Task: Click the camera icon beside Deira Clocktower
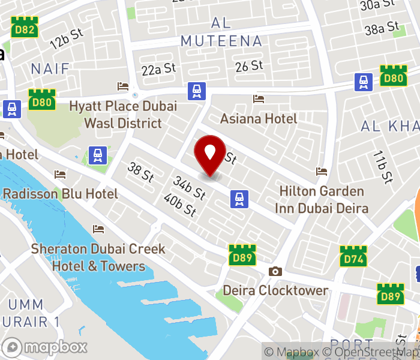tap(275, 271)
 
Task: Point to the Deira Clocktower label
tap(275, 290)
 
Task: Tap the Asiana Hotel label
tap(259, 118)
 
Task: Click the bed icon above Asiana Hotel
tap(259, 99)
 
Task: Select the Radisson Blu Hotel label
tap(61, 194)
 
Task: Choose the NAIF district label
tap(50, 68)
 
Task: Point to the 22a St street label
tap(159, 69)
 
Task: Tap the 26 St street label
tap(250, 65)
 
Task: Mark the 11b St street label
tap(382, 167)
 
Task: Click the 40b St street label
tap(180, 205)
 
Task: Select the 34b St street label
tap(190, 187)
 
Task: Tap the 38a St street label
tap(382, 28)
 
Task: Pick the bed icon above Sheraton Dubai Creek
tap(98, 229)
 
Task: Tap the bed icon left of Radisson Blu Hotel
tap(60, 175)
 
